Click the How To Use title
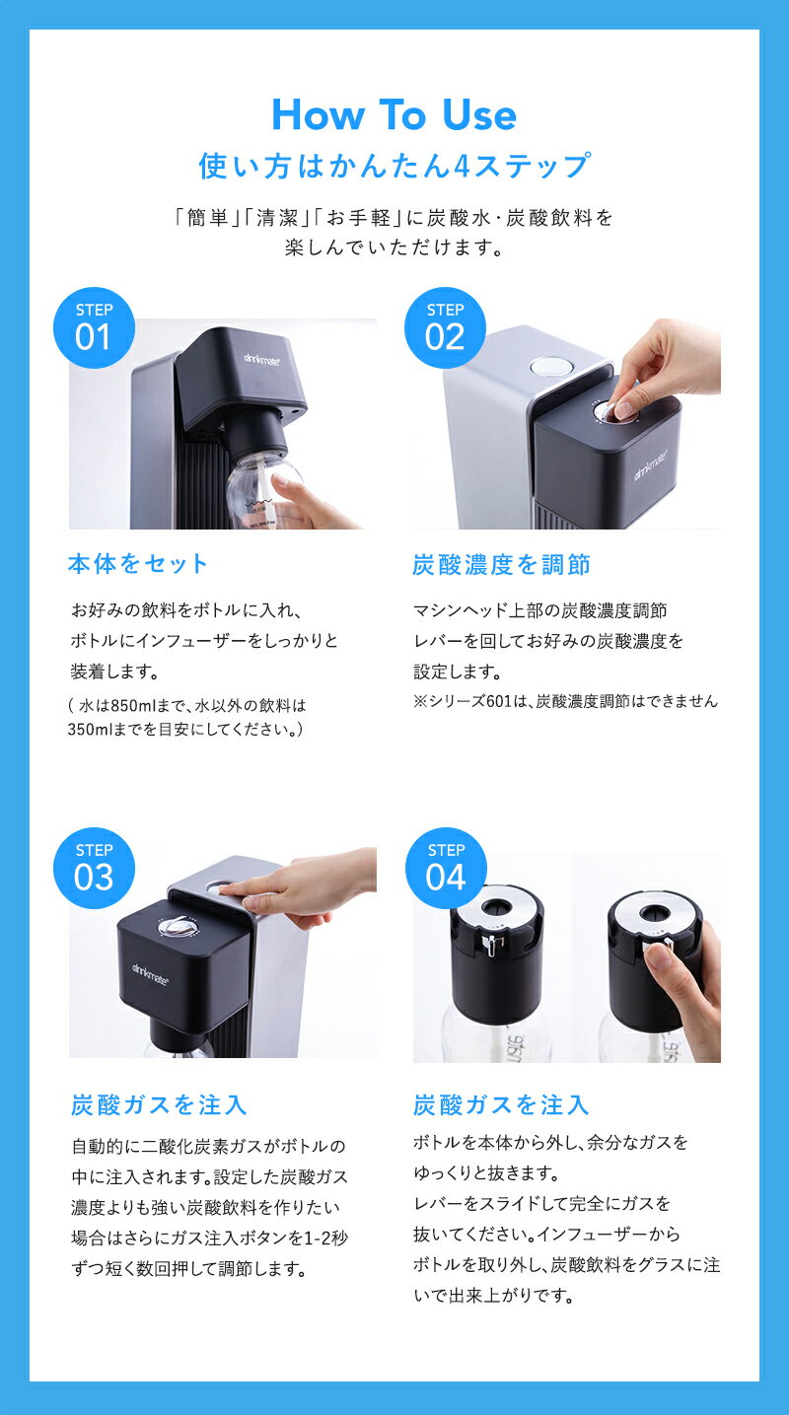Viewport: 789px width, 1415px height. (x=394, y=115)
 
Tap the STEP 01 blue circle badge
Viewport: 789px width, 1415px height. (x=94, y=327)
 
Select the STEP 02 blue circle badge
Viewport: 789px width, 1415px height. (x=445, y=327)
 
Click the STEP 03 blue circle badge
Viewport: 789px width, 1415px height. (x=94, y=868)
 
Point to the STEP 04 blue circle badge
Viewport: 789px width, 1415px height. (x=446, y=868)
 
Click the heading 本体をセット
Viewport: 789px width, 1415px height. (x=138, y=564)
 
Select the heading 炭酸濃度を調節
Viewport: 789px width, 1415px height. (x=501, y=564)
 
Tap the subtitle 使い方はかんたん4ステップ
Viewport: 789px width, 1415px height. (x=394, y=165)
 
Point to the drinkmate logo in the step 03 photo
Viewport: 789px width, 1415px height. (x=150, y=973)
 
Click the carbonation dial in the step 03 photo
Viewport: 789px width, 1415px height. (x=176, y=926)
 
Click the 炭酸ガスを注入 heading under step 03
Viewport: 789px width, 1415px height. (x=159, y=1104)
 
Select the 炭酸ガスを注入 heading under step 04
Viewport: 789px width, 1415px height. (x=501, y=1104)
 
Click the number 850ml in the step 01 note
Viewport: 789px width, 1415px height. (x=134, y=706)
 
